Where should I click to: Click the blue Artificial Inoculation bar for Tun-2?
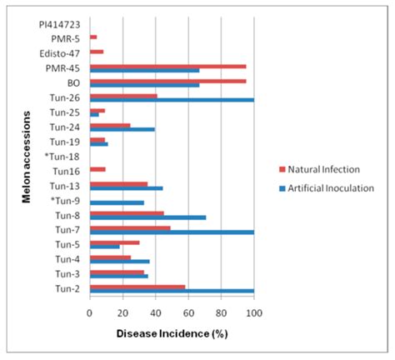(x=171, y=291)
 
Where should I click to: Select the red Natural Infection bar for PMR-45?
(x=167, y=66)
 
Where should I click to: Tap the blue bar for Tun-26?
(x=171, y=101)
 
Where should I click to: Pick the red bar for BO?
(x=167, y=81)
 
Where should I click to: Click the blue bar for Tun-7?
(x=171, y=232)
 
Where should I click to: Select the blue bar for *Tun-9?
(x=117, y=202)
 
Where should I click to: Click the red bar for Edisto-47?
(x=96, y=52)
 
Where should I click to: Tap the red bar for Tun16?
(x=97, y=169)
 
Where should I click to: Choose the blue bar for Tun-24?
(x=122, y=129)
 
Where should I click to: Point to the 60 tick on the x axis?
(x=188, y=314)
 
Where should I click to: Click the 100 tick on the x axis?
(x=253, y=314)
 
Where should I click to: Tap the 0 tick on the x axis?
(x=90, y=314)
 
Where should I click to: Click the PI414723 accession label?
(x=60, y=24)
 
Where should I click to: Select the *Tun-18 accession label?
(x=62, y=157)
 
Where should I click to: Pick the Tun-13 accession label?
(x=65, y=186)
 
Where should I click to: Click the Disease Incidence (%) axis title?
(x=171, y=335)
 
